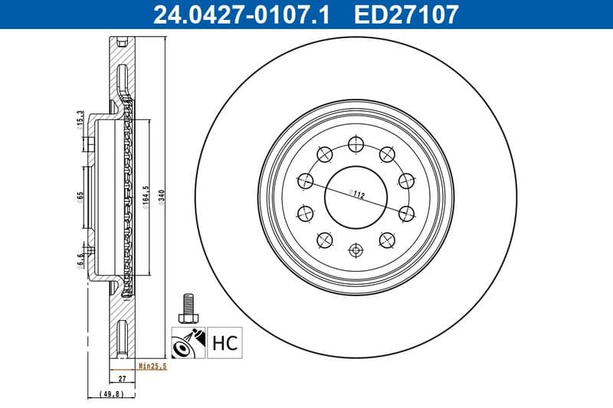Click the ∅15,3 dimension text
(x=80, y=120)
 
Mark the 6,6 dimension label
(x=80, y=261)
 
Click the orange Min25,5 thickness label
(x=152, y=367)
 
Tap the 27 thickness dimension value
(x=121, y=379)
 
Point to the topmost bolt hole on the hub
(x=356, y=143)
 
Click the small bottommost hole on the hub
(x=356, y=249)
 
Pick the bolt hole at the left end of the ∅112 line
(x=306, y=181)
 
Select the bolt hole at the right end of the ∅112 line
(x=405, y=212)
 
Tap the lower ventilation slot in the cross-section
(x=122, y=337)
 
